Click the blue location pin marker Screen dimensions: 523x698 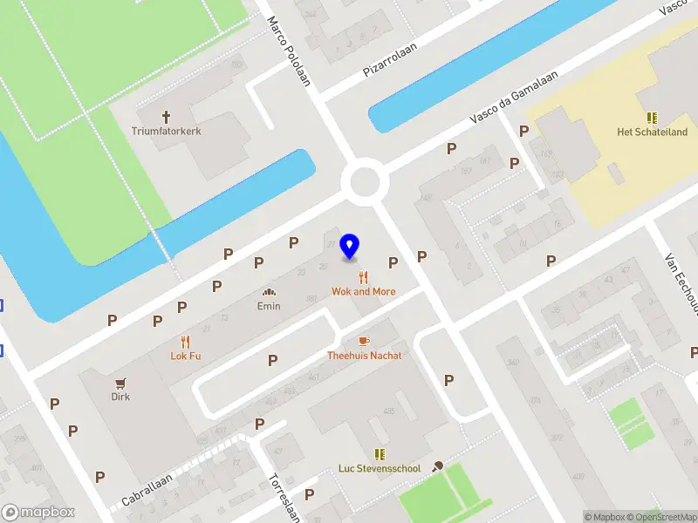(350, 246)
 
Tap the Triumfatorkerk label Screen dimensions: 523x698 (166, 132)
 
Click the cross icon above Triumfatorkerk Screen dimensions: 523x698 (166, 116)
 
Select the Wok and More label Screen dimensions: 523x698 (363, 291)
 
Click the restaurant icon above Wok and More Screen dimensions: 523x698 (363, 277)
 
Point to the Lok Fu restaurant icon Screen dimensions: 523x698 (185, 342)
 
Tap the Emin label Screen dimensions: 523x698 (269, 306)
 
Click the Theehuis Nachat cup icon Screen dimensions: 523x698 (364, 341)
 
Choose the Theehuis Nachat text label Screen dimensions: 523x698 (364, 356)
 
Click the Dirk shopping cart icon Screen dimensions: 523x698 (121, 383)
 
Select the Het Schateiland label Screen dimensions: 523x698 (652, 132)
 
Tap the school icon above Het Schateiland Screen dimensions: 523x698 (652, 118)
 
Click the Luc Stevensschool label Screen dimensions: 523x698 (380, 468)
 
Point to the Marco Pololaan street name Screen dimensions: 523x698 (289, 52)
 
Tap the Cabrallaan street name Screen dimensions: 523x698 (147, 491)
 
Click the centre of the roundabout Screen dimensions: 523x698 (364, 183)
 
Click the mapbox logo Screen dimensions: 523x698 (38, 513)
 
